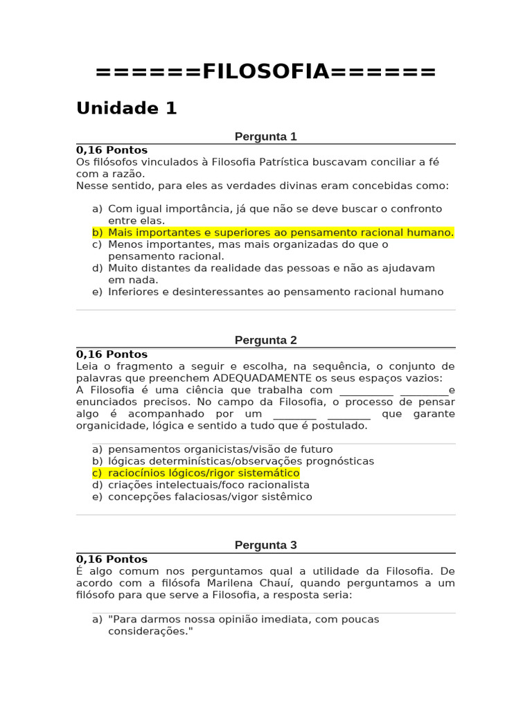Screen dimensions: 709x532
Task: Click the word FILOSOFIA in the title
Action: point(265,71)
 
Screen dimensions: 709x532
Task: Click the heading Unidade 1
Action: point(127,109)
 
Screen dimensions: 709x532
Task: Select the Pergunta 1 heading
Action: point(265,136)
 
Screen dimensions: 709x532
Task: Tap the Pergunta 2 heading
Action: point(265,340)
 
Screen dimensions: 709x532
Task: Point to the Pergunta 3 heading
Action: point(265,545)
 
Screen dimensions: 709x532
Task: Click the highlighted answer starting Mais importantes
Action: point(281,233)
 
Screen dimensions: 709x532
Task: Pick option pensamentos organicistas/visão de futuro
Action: point(220,449)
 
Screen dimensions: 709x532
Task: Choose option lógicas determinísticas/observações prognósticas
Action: point(240,461)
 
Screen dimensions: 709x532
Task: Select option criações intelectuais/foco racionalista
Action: point(209,485)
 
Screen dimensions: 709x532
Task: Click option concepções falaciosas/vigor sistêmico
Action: point(210,496)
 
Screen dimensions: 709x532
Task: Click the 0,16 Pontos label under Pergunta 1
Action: point(112,150)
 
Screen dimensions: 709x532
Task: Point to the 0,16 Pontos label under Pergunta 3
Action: point(112,559)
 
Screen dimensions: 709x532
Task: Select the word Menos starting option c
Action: point(124,244)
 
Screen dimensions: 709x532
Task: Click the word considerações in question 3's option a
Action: point(148,631)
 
